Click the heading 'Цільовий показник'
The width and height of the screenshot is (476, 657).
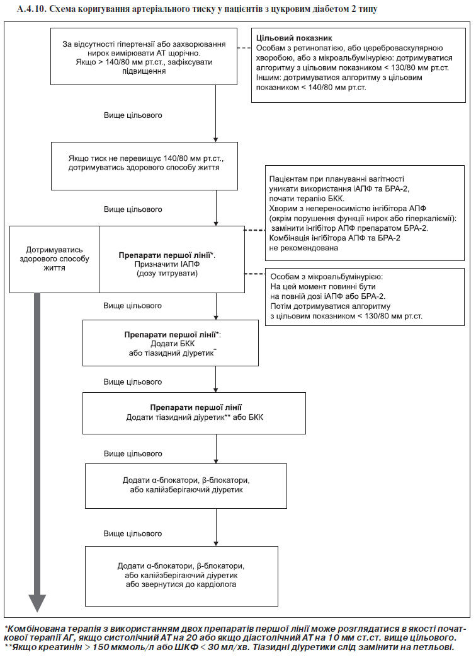pyautogui.click(x=294, y=38)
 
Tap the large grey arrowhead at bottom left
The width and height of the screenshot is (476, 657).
pyautogui.click(x=37, y=603)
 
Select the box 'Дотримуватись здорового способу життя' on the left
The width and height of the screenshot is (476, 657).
pyautogui.click(x=54, y=259)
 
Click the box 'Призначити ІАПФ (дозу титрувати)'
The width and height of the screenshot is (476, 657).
pyautogui.click(x=171, y=259)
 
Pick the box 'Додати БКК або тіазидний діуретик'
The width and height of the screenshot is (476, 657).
pyautogui.click(x=170, y=343)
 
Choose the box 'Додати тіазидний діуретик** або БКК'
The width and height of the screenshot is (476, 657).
pyautogui.click(x=194, y=413)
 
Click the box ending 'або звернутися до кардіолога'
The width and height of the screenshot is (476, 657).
pyautogui.click(x=181, y=576)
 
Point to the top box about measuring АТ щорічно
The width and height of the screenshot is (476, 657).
pyautogui.click(x=144, y=57)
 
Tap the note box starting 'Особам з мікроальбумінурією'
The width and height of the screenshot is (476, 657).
pyautogui.click(x=365, y=296)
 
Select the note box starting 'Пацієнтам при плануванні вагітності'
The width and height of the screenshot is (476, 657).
pyautogui.click(x=365, y=213)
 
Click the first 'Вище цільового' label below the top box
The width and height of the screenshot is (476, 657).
pyautogui.click(x=133, y=115)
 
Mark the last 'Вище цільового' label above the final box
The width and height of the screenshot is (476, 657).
pyautogui.click(x=133, y=533)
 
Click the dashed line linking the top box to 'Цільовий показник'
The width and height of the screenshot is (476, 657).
pyautogui.click(x=244, y=48)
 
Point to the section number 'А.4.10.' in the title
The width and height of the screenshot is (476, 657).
pyautogui.click(x=31, y=9)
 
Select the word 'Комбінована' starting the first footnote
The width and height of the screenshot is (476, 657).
pyautogui.click(x=33, y=629)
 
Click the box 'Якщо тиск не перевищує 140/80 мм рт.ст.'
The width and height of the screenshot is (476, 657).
pyautogui.click(x=144, y=166)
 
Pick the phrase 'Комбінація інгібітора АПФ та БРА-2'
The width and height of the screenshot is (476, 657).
pyautogui.click(x=334, y=238)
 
